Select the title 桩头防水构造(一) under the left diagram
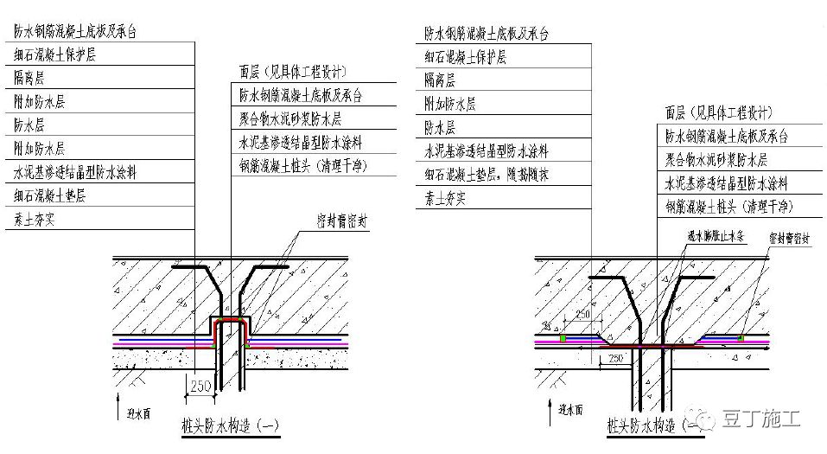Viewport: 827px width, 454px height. pyautogui.click(x=230, y=425)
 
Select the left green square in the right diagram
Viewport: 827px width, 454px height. pyautogui.click(x=563, y=337)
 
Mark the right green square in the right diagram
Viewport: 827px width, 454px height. pyautogui.click(x=741, y=337)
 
